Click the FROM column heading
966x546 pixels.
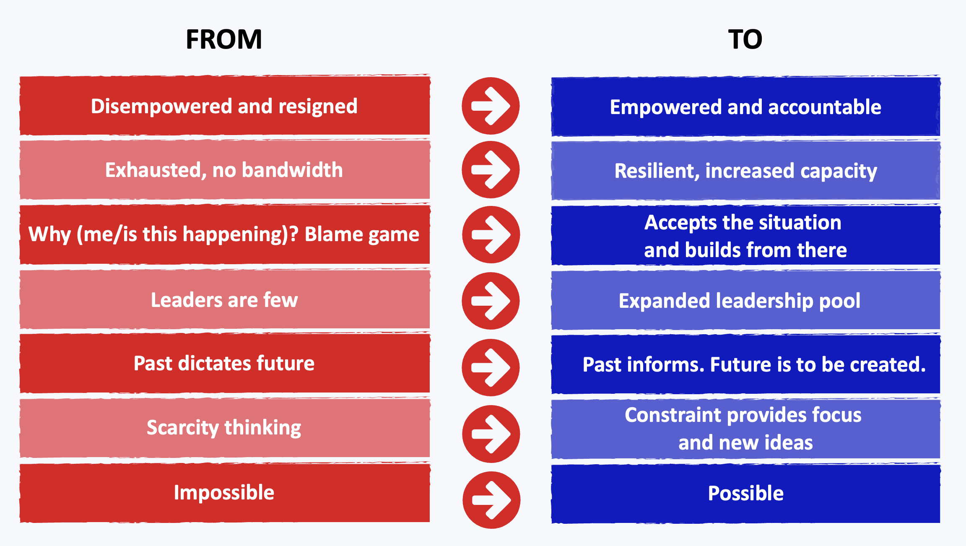(224, 39)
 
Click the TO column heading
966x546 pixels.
(745, 39)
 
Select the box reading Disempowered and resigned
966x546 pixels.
(225, 106)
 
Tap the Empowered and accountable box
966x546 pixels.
(745, 107)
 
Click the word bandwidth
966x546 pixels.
(292, 170)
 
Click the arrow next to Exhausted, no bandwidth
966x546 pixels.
(491, 169)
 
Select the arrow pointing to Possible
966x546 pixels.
(491, 499)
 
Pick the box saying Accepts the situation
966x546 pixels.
(745, 235)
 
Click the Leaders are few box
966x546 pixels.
(225, 299)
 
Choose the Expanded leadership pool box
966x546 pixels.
(745, 300)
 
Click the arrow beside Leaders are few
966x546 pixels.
(491, 301)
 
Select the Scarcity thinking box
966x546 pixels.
(225, 428)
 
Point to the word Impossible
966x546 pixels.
(224, 493)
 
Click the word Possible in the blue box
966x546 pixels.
(745, 493)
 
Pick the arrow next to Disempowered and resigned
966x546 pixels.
(491, 106)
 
